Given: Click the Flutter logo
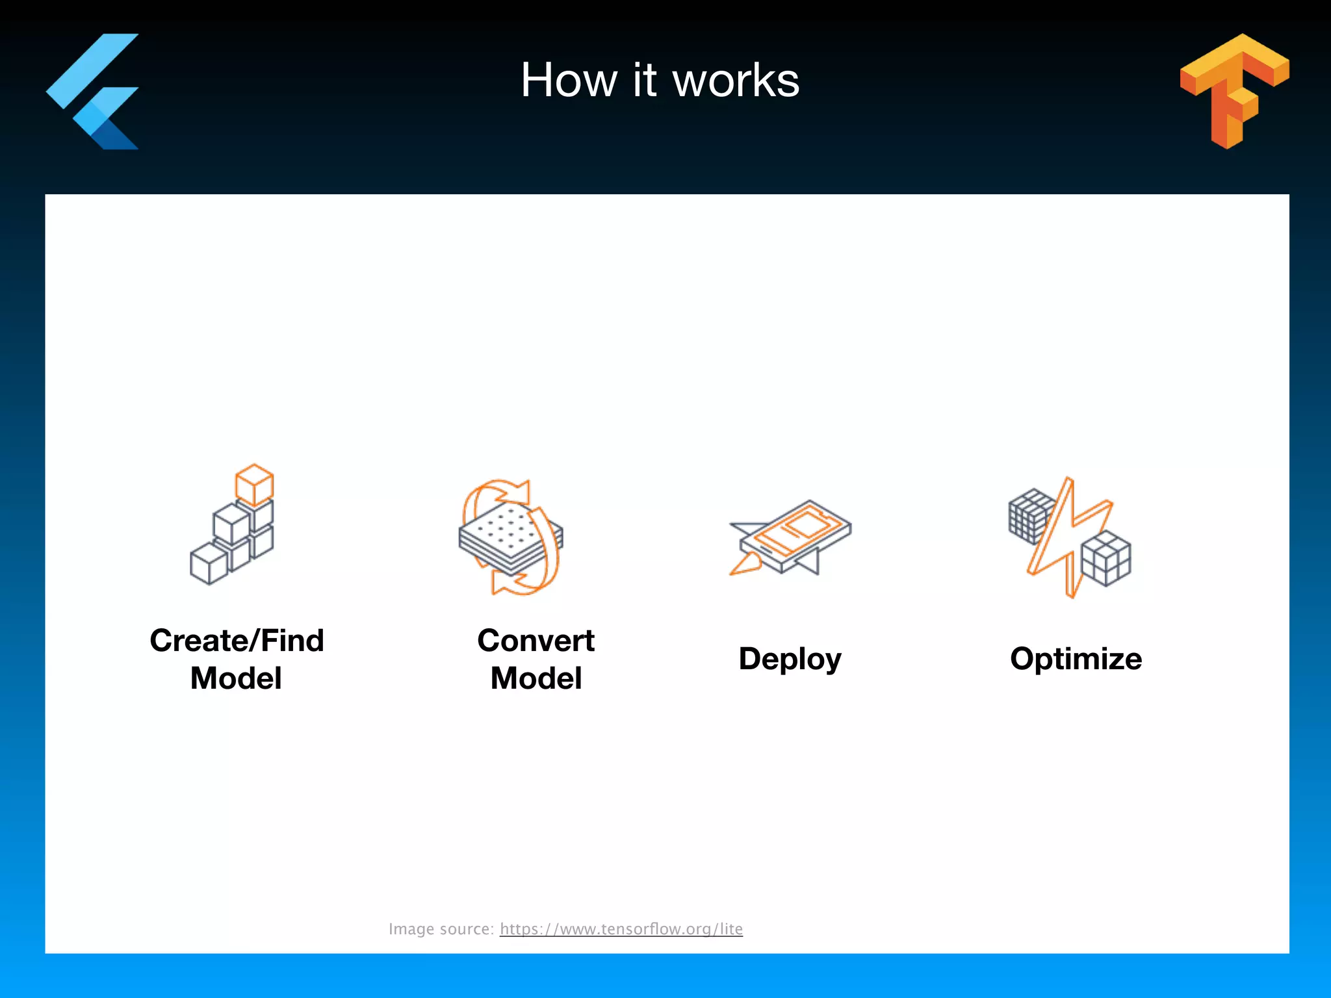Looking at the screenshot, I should coord(94,91).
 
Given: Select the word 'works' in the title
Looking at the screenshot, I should coord(736,81).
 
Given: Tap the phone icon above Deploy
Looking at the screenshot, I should coord(796,535).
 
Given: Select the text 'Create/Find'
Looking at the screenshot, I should coord(237,641).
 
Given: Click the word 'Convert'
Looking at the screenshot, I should coord(536,641).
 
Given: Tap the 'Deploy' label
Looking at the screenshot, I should coord(790,659).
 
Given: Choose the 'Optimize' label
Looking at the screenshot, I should coord(1076,659).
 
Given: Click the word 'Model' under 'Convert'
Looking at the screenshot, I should coord(536,678).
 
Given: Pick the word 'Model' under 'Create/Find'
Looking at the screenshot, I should coord(236,678).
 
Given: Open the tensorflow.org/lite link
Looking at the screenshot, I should coord(621,929).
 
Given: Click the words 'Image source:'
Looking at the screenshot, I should coord(441,929).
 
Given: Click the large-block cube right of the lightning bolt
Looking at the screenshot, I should coord(1105,558).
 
